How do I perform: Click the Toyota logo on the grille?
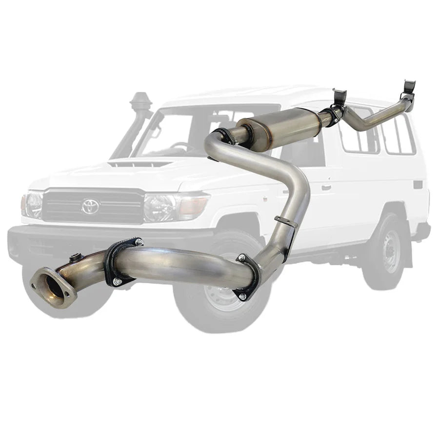(90, 206)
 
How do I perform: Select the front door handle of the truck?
(326, 187)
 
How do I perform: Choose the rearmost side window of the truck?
(402, 134)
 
